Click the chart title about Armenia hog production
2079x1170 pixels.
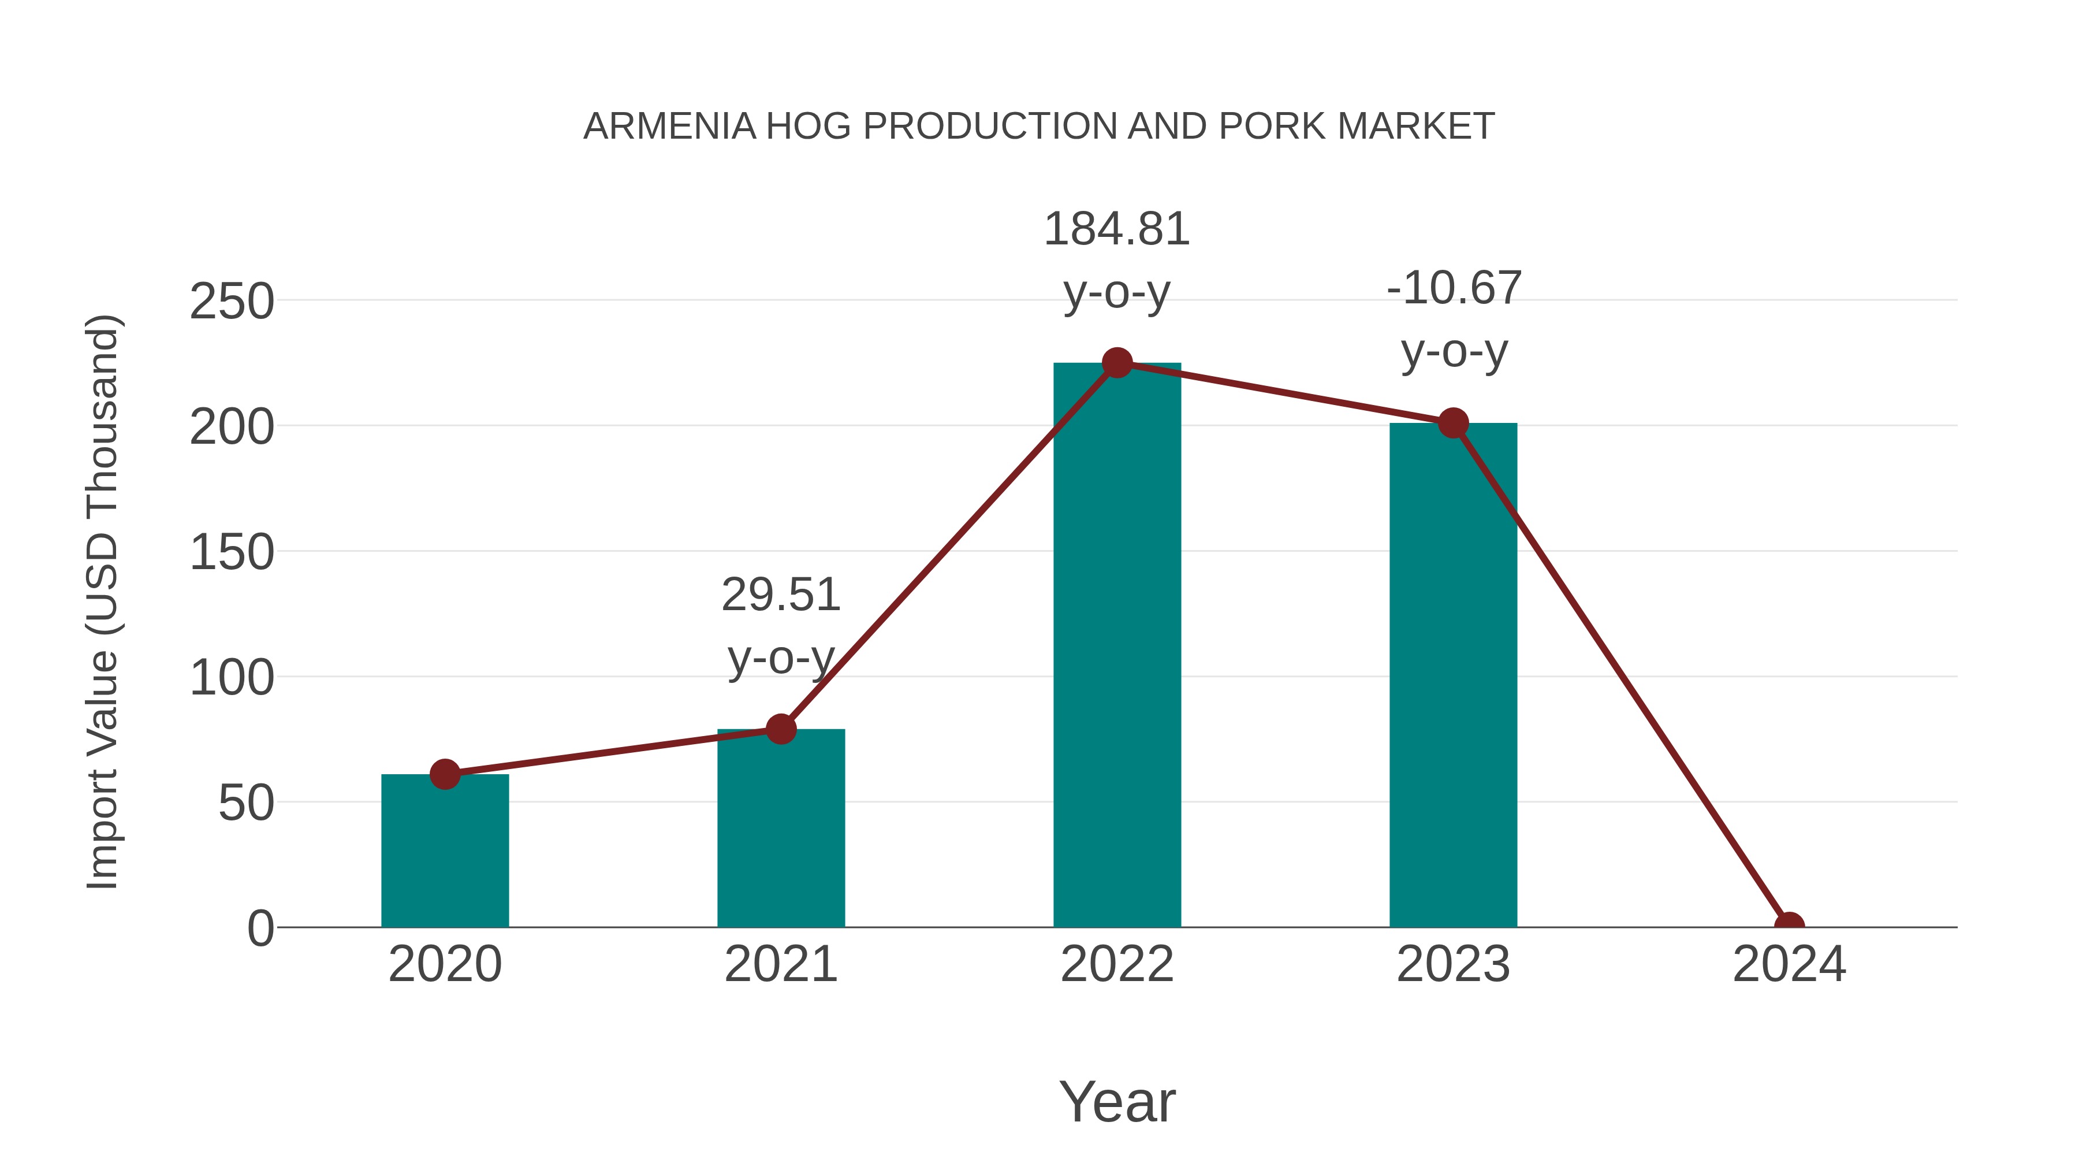coord(1039,127)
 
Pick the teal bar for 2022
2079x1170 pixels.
coord(1117,646)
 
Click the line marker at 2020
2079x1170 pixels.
coord(445,774)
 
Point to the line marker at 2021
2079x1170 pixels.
coord(780,729)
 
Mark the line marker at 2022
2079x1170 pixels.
coord(1117,363)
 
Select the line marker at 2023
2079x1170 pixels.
coord(1453,423)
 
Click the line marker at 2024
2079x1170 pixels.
coord(1789,926)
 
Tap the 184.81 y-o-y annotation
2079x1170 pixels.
coord(1117,260)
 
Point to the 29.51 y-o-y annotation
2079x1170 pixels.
coord(780,626)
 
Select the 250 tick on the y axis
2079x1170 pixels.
coord(232,303)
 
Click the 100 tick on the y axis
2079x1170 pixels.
coord(232,678)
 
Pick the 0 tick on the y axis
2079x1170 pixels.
coord(260,928)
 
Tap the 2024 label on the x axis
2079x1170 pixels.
coord(1789,964)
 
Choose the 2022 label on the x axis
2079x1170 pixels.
coord(1117,964)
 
